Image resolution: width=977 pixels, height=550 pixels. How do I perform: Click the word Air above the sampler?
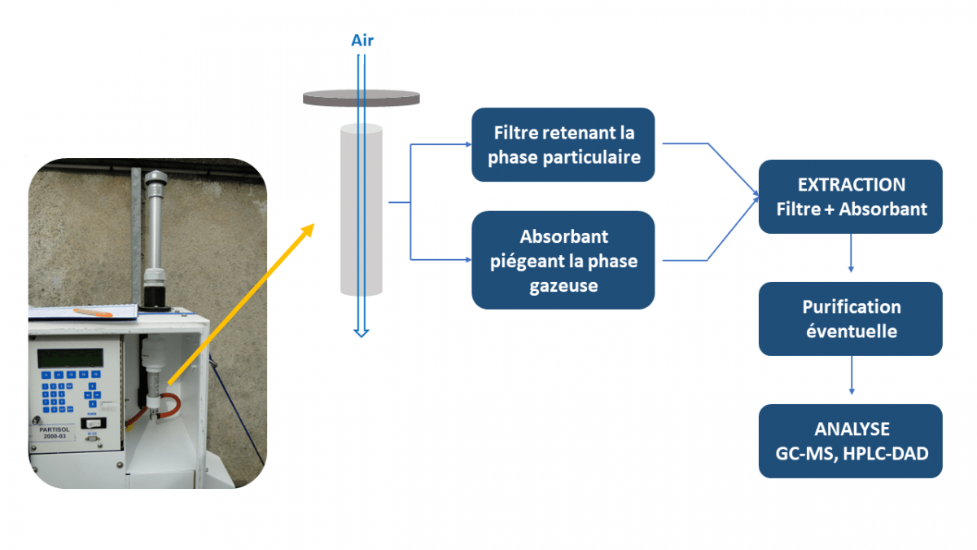point(362,40)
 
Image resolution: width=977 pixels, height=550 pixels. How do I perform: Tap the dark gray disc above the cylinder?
point(361,98)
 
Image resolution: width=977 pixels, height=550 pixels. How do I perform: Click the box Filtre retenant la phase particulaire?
point(563,144)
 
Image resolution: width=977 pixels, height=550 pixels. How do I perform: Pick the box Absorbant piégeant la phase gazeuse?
point(563,260)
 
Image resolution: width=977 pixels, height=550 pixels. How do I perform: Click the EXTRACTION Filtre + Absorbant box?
point(851,196)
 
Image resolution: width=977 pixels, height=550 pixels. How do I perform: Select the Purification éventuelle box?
point(851,319)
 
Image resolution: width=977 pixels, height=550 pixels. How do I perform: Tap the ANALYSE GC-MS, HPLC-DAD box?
point(851,441)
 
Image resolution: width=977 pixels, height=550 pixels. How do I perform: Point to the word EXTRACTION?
point(852,185)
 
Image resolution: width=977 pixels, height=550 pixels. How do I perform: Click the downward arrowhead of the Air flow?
point(361,331)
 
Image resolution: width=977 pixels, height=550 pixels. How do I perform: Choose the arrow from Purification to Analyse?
point(851,376)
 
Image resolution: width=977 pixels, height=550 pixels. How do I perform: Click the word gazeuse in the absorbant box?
point(563,285)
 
